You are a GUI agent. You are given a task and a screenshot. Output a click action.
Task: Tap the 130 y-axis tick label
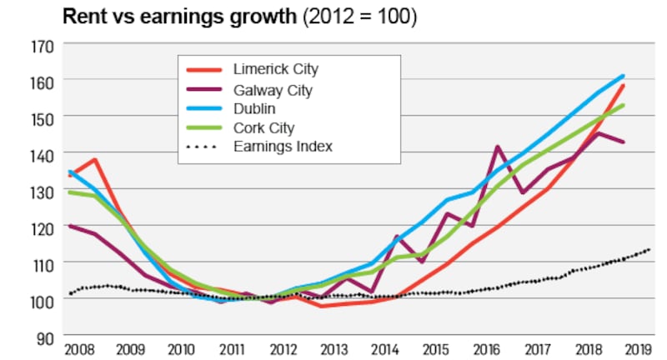[43, 191]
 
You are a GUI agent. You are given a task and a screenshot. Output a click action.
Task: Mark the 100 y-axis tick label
[43, 299]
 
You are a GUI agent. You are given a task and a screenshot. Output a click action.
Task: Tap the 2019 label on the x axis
[636, 350]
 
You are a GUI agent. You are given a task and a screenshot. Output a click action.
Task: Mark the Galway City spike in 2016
[498, 147]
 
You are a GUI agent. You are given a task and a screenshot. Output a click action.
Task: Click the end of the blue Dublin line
[623, 77]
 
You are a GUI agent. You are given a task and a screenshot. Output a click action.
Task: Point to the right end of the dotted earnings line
[648, 249]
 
